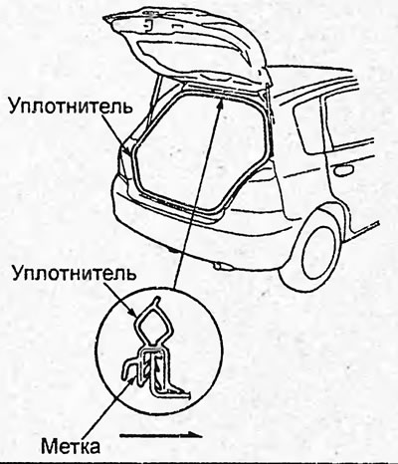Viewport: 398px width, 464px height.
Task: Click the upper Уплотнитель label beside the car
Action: click(71, 106)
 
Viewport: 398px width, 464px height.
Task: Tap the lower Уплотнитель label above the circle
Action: click(75, 273)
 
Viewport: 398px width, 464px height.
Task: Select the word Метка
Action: click(71, 445)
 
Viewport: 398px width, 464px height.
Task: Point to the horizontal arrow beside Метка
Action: click(161, 435)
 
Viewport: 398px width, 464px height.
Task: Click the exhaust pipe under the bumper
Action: click(221, 266)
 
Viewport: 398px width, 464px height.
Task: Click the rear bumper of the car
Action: click(199, 229)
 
